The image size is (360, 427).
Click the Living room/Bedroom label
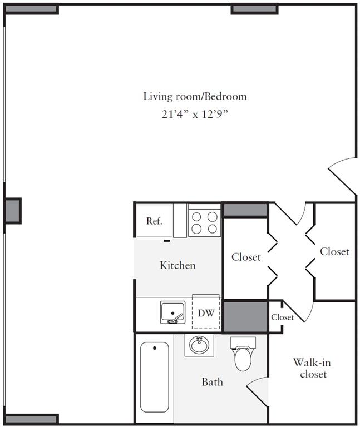195,96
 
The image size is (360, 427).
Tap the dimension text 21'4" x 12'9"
195,115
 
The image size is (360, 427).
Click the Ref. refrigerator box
154,221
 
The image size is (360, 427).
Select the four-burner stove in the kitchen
204,221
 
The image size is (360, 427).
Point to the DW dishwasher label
206,313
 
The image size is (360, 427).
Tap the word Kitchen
177,265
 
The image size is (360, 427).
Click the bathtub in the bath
154,377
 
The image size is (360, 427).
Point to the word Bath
212,382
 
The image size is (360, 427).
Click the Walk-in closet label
312,368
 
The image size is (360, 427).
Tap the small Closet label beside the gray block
283,317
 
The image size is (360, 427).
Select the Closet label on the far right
334,252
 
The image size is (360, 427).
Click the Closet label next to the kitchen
246,257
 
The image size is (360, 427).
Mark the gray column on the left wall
13,211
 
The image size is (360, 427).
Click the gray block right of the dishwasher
245,316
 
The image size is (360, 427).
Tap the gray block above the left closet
245,210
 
